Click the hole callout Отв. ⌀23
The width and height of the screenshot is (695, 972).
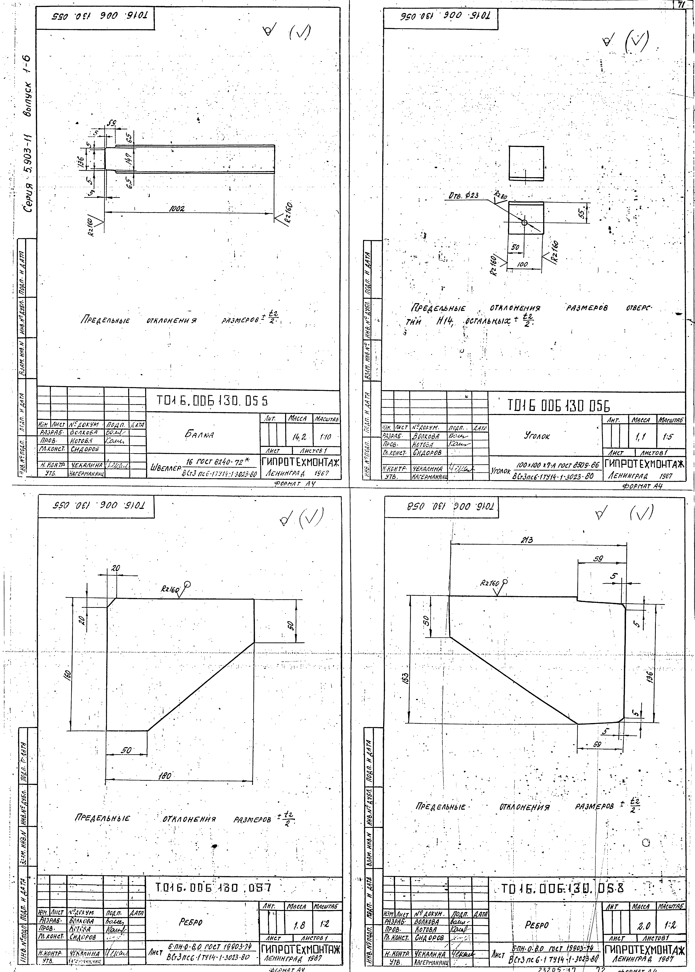point(464,195)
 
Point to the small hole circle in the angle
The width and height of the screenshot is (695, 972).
point(524,222)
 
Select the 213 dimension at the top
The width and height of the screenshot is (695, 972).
point(526,540)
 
